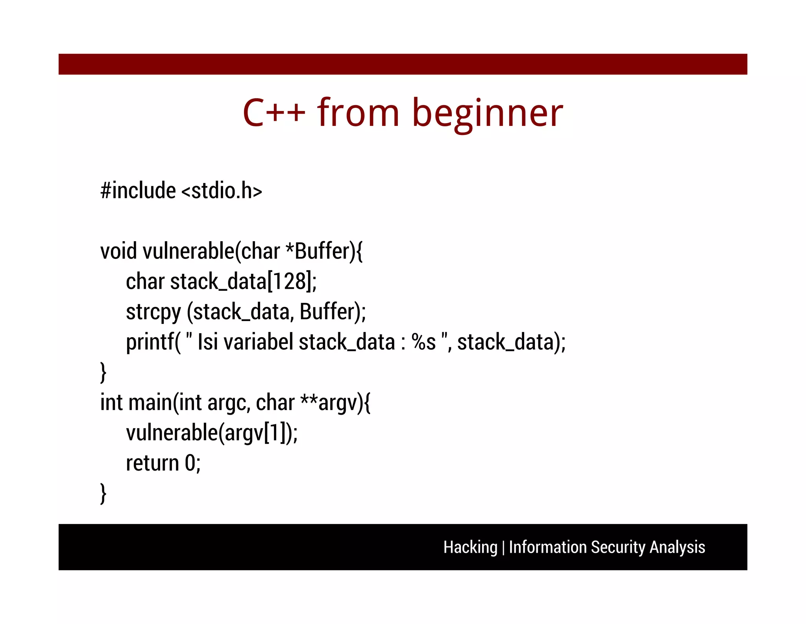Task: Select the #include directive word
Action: (x=138, y=191)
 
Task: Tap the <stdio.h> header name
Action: (x=222, y=191)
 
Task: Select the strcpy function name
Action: (x=153, y=312)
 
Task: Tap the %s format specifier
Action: (x=423, y=342)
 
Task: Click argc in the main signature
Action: (x=228, y=403)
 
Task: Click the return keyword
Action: (x=152, y=463)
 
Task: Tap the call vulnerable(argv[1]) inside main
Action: (x=211, y=433)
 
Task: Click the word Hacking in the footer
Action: (x=470, y=547)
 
